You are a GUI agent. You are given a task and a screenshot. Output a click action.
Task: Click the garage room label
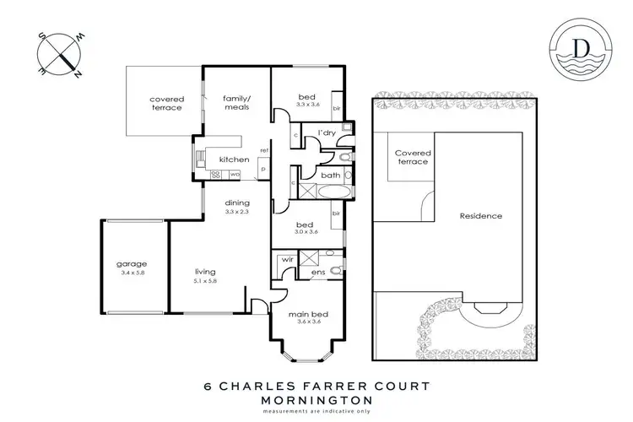coord(132,264)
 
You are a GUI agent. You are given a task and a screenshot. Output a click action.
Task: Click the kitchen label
coord(233,160)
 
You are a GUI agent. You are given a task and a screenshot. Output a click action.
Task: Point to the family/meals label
coord(236,104)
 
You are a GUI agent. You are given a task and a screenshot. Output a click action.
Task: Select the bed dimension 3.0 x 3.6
coord(307,231)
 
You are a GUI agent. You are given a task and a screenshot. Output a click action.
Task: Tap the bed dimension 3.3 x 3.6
coord(307,103)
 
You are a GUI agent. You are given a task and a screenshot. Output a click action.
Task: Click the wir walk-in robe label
coord(287,261)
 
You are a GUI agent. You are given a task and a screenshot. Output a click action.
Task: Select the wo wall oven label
coord(235,175)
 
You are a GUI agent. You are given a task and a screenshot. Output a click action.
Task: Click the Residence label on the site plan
coord(481,216)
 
